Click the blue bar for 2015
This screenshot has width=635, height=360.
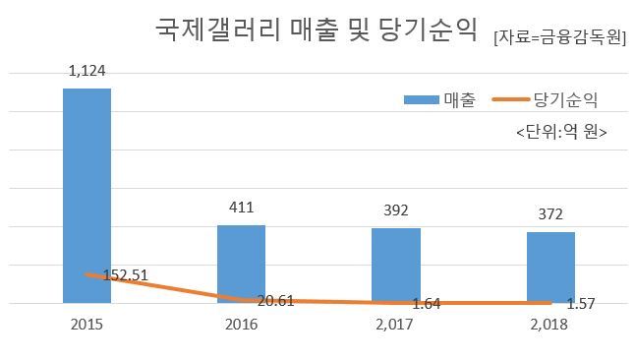coord(87,196)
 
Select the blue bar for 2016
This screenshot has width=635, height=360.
coord(242,264)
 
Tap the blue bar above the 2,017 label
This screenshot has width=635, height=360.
coord(396,266)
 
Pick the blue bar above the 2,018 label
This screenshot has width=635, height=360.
coord(550,268)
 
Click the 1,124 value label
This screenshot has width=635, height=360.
coord(87,71)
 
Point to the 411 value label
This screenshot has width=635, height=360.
coord(242,208)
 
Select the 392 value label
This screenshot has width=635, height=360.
coord(396,210)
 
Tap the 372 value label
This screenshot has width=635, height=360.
coord(550,214)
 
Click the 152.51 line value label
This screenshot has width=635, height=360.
coord(126,275)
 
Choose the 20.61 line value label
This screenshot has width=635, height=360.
coord(276,301)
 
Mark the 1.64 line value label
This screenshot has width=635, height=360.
coord(426,304)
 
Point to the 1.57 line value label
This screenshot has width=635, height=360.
coord(581,304)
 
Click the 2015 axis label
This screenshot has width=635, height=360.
coord(87,325)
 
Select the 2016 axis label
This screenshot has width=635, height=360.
coord(242,325)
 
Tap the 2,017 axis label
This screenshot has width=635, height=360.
coord(394,325)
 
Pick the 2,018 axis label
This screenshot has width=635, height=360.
coord(549,325)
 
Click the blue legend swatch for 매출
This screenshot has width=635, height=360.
coord(422,99)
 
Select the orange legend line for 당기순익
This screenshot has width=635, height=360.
coord(511,99)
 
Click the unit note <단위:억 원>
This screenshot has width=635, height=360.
coord(561,132)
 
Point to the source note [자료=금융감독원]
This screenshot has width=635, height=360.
coord(560,37)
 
